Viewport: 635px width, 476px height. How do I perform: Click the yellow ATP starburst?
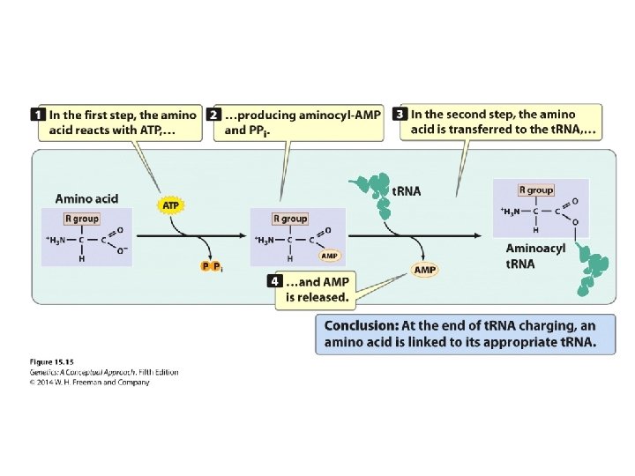170,205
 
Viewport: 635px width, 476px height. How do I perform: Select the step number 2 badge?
213,115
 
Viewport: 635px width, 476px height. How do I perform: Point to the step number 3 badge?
400,115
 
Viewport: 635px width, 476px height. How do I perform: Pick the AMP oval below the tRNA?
425,269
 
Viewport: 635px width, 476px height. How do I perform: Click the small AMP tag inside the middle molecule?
329,256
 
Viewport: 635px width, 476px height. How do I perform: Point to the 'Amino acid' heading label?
86,199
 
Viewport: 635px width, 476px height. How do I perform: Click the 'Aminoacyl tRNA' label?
534,256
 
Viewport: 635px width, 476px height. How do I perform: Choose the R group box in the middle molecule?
289,218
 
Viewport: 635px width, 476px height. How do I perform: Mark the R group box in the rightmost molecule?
535,190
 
